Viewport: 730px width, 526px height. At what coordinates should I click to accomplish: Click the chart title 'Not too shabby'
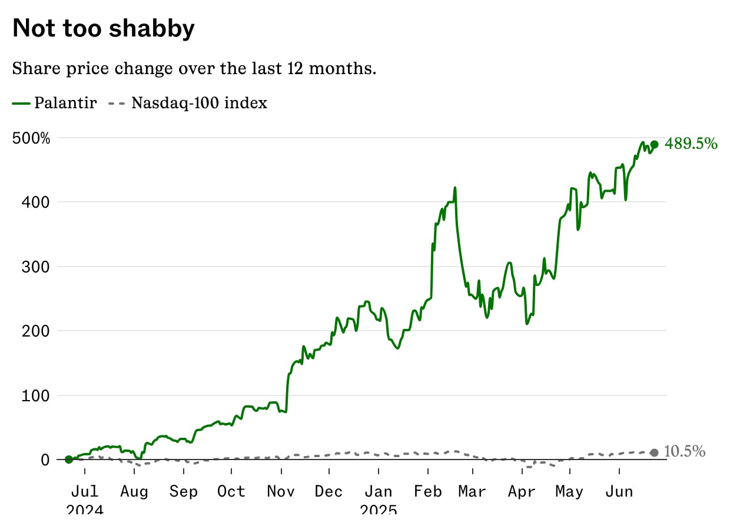point(103,28)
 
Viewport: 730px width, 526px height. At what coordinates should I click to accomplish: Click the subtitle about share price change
point(194,68)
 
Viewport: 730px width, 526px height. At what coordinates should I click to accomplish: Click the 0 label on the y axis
point(45,460)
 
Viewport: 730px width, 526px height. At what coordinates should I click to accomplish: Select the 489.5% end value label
point(691,144)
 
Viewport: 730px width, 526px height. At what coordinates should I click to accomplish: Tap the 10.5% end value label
point(685,451)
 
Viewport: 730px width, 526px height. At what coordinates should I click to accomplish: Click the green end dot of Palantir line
point(654,145)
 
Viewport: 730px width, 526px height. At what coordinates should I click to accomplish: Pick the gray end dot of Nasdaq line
point(654,452)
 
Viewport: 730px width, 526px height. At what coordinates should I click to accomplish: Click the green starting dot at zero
point(69,460)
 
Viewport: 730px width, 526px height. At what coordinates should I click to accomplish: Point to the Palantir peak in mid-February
point(455,188)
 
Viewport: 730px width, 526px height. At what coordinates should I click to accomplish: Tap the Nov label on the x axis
point(281,491)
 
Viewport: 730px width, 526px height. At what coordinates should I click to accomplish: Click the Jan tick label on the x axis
point(379,491)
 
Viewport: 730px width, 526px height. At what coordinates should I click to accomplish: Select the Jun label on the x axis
point(619,491)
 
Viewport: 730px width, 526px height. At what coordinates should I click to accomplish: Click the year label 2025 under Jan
point(379,510)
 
